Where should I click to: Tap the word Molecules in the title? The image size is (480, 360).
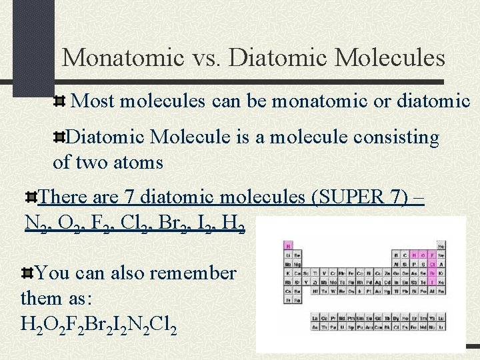pos(390,57)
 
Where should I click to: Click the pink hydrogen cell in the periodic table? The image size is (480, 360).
pos(287,245)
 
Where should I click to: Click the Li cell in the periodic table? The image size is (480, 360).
pos(287,255)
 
